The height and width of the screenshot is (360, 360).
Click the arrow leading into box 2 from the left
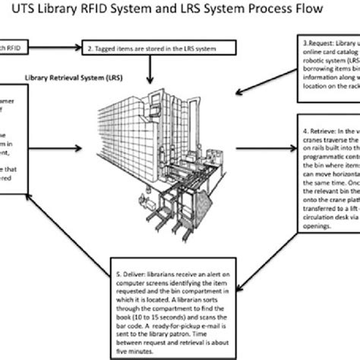click(x=61, y=49)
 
